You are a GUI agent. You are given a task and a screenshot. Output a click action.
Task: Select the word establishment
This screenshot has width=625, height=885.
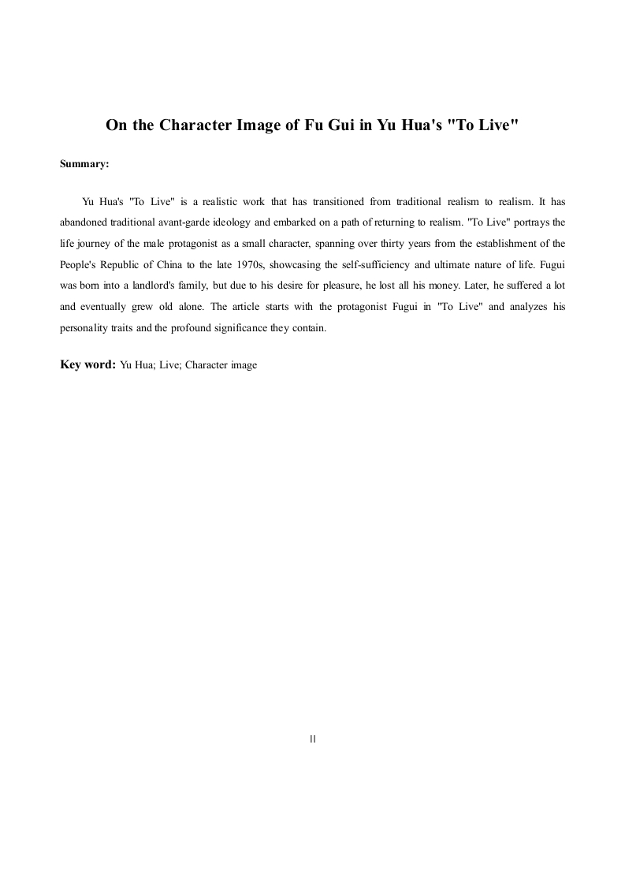click(x=507, y=242)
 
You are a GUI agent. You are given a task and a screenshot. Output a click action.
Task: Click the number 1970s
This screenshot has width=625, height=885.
click(x=243, y=263)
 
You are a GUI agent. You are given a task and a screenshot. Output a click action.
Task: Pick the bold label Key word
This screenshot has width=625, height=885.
click(x=87, y=364)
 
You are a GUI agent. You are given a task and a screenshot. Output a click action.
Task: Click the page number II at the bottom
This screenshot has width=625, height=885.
click(x=313, y=739)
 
